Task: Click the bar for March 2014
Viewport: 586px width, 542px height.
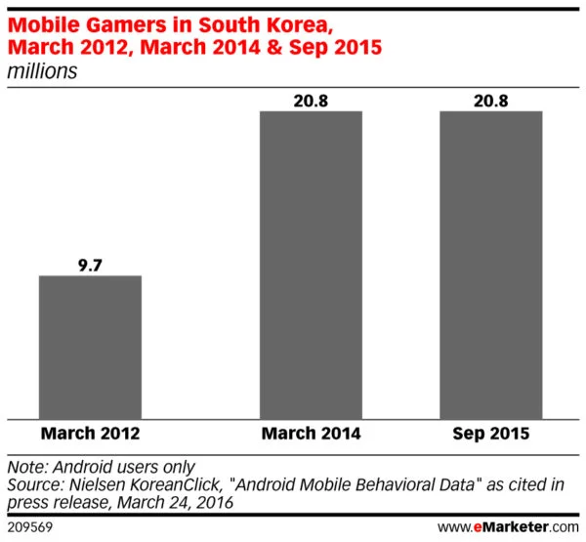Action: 311,265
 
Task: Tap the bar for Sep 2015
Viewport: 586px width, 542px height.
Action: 490,265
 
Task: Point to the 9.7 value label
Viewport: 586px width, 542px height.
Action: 90,264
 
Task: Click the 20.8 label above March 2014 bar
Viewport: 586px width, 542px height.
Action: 311,100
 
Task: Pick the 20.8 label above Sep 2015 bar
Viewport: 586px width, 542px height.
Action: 490,100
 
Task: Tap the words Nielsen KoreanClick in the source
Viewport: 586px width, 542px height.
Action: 135,483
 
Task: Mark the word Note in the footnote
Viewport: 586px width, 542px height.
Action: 25,466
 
